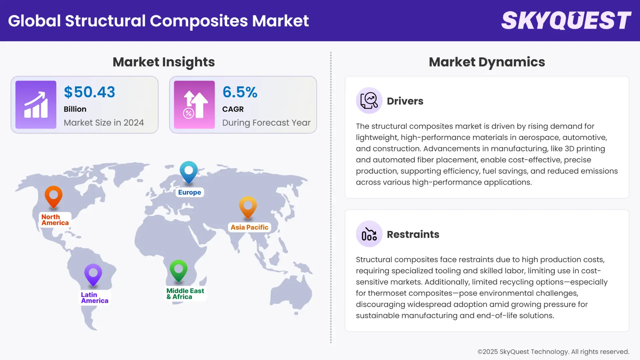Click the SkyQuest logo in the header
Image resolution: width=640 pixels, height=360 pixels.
566,21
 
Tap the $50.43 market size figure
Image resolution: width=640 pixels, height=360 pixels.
89,92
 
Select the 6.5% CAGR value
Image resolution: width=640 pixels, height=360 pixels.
240,92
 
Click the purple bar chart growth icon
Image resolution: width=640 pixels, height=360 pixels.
36,105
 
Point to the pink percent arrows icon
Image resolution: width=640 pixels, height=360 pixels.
194,105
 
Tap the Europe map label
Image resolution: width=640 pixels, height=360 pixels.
189,192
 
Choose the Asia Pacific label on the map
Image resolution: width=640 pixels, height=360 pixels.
249,227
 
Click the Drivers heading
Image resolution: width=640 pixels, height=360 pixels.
405,101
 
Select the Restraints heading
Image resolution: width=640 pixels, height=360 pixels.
413,234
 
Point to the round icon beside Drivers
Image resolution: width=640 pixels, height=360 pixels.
369,101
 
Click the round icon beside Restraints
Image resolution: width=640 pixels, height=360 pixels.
369,234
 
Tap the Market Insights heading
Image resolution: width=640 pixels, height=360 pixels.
164,62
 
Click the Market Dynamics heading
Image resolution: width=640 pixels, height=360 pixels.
487,62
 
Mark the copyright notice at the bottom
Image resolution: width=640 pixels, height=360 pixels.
553,352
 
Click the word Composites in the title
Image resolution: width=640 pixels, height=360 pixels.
199,21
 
